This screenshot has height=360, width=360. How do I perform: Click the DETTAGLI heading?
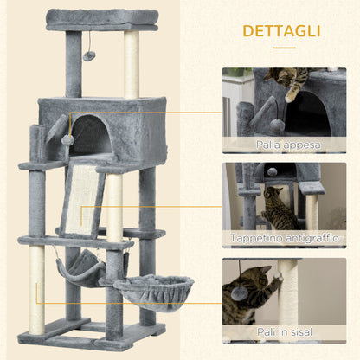pos(280,31)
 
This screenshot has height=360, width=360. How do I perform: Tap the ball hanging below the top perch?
pos(89,55)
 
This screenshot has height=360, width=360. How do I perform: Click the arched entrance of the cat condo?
pos(90,136)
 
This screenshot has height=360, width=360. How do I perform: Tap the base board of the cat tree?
pos(91,333)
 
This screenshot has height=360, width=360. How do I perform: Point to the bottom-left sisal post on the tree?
pos(36,291)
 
